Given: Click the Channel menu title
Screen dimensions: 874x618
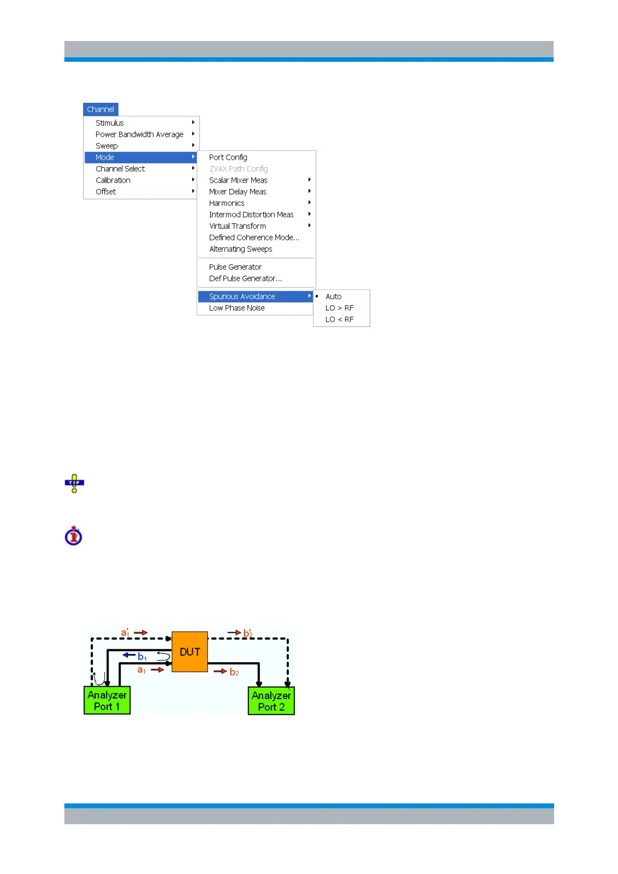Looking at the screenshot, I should (x=101, y=110).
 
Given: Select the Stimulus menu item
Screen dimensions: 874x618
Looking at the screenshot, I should (x=110, y=123).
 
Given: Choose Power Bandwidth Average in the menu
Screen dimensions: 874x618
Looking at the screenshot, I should (x=139, y=134).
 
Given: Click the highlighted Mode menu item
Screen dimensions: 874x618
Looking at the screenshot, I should (x=105, y=157).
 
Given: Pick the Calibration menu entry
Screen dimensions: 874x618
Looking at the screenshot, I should (x=113, y=180).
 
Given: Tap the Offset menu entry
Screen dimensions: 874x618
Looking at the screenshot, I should (x=106, y=192).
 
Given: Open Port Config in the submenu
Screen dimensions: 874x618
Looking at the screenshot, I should (x=228, y=157).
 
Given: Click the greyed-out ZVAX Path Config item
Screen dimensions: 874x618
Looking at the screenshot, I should (x=238, y=169).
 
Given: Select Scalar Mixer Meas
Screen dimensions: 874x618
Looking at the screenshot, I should (x=238, y=180).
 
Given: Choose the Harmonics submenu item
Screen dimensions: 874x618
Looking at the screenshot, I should (x=226, y=203).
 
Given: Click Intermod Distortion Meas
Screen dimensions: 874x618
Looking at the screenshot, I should (x=251, y=214).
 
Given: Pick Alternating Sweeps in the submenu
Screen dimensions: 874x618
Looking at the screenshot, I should (x=240, y=249).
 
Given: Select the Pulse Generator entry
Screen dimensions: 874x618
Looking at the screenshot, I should (x=235, y=267).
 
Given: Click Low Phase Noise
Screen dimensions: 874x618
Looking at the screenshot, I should (x=237, y=308).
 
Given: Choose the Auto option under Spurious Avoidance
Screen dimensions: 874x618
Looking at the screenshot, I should (x=333, y=296).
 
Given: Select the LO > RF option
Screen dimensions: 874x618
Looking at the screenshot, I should (x=339, y=308).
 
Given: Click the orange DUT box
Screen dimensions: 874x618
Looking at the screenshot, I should (x=190, y=652).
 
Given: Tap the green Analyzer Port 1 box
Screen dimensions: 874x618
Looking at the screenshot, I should (x=107, y=701).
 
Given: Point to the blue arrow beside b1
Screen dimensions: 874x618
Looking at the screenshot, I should (x=129, y=655).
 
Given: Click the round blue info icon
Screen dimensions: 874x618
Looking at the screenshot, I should (x=74, y=536).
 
